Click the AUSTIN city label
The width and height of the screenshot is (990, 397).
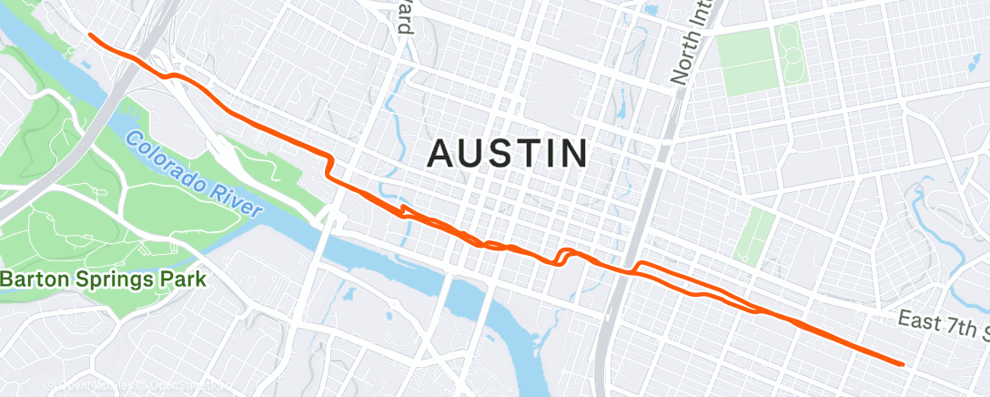pyautogui.click(x=508, y=153)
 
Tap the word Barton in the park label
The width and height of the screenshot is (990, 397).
pyautogui.click(x=35, y=280)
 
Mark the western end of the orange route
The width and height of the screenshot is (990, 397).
pyautogui.click(x=90, y=35)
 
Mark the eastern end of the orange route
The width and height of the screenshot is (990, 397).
pyautogui.click(x=902, y=364)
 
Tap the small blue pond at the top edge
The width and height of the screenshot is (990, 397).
pyautogui.click(x=649, y=9)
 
